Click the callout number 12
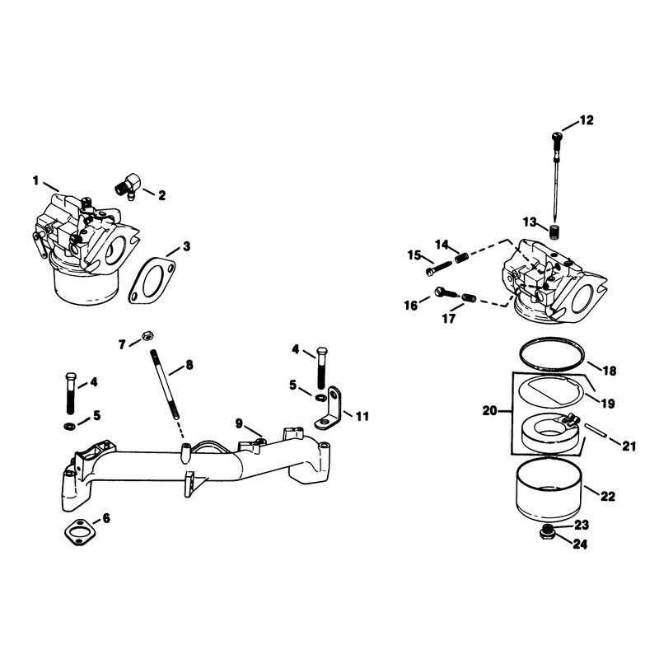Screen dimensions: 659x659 pyautogui.click(x=587, y=120)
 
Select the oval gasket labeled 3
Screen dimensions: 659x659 pyautogui.click(x=152, y=280)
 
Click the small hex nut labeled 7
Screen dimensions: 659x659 pyautogui.click(x=148, y=335)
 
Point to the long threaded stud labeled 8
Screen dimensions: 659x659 pyautogui.click(x=164, y=385)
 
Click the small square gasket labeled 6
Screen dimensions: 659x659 pyautogui.click(x=80, y=532)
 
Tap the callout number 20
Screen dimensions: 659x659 pyautogui.click(x=489, y=410)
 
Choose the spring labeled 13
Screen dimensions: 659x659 pyautogui.click(x=555, y=231)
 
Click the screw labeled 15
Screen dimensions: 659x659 pyautogui.click(x=438, y=269)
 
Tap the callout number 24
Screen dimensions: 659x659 pyautogui.click(x=580, y=544)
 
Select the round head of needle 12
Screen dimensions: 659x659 pyautogui.click(x=557, y=137)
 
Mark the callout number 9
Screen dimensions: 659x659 pyautogui.click(x=239, y=423)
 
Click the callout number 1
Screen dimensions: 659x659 pyautogui.click(x=35, y=180)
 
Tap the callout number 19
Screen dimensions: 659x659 pyautogui.click(x=608, y=404)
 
